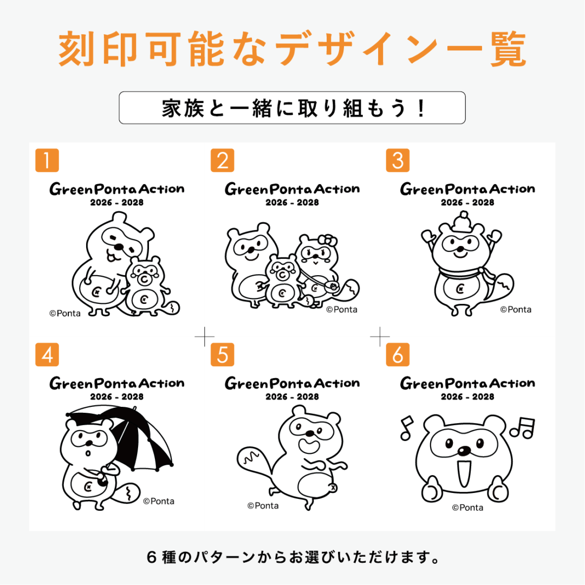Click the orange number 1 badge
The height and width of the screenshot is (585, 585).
pos(47,160)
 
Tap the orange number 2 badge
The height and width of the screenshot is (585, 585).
pos(223,160)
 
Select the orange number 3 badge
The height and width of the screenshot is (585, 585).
pos(398,160)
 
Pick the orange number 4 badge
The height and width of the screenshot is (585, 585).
pos(47,354)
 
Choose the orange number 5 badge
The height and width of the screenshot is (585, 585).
pos(223,354)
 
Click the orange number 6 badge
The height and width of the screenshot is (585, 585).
pos(398,354)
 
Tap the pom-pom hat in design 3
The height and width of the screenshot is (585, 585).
pos(463,223)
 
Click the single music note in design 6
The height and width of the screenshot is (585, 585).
pos(406,428)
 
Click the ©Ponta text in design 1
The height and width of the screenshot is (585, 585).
pos(65,314)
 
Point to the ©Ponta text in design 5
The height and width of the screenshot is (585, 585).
pos(263,506)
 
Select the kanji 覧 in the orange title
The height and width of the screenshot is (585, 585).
pos(508,49)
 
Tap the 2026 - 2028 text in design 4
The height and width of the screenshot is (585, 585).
pos(117,396)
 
